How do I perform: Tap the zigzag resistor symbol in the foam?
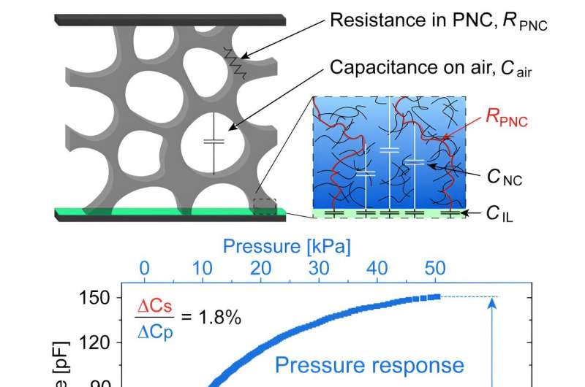tap(234, 63)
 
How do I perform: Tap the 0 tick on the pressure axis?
tap(144, 268)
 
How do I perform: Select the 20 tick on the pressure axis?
tap(261, 268)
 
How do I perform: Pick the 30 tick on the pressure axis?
tap(319, 268)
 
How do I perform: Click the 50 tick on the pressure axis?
tap(435, 268)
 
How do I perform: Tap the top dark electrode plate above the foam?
tap(170, 20)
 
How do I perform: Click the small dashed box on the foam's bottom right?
tap(264, 204)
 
